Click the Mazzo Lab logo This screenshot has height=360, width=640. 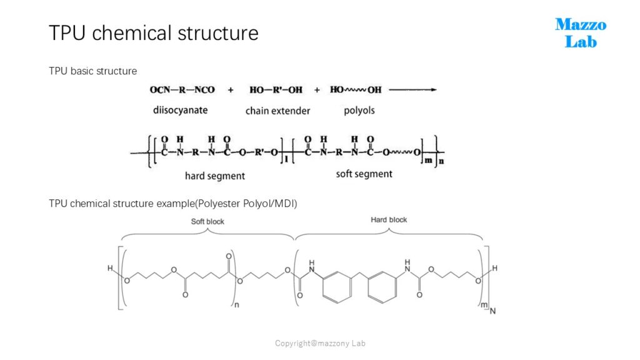(581, 33)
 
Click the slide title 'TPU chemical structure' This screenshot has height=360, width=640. (154, 33)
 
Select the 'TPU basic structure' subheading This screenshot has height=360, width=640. (92, 71)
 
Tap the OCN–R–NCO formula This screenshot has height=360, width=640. (182, 90)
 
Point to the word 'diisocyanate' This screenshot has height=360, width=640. (180, 110)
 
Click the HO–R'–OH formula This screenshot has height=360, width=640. (276, 90)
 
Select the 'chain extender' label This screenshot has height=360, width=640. (277, 111)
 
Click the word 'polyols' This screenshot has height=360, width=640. (359, 110)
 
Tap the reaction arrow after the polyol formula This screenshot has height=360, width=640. (412, 90)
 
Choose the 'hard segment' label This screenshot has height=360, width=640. (215, 176)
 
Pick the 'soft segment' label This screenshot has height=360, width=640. (364, 174)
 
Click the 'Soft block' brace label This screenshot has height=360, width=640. (207, 222)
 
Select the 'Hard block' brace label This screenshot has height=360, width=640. (389, 219)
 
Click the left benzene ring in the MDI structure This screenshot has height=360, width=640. (337, 287)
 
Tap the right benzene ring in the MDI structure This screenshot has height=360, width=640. (382, 287)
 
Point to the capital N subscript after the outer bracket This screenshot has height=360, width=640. (492, 311)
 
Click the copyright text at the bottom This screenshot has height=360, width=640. (320, 343)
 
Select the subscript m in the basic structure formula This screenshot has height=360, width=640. (428, 161)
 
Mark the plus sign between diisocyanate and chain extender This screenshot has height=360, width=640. (231, 90)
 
